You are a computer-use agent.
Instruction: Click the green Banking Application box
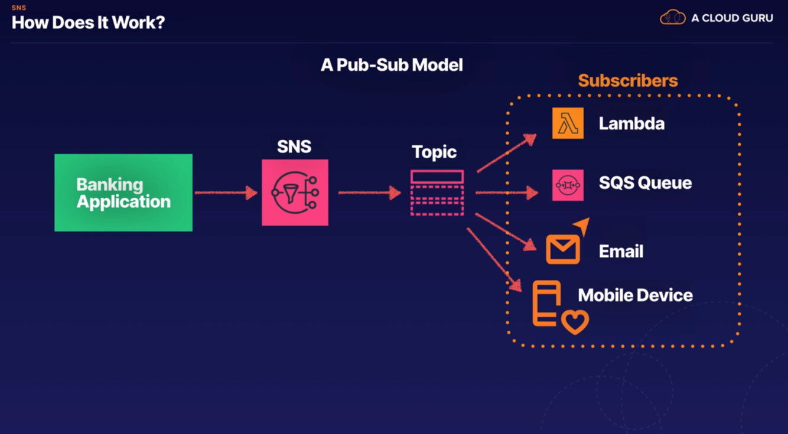[x=123, y=192]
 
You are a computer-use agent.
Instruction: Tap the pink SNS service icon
[x=295, y=192]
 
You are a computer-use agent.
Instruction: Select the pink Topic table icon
[x=437, y=192]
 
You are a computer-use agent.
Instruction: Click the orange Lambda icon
[x=568, y=123]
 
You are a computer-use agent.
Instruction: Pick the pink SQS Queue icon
[x=568, y=185]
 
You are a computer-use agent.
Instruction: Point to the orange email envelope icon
[x=563, y=249]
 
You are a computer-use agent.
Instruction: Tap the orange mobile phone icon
[x=546, y=304]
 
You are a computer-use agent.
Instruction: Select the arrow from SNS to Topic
[x=369, y=192]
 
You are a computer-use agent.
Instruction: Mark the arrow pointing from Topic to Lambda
[x=506, y=154]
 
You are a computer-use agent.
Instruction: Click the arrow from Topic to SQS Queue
[x=506, y=192]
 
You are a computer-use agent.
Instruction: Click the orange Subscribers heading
[x=627, y=80]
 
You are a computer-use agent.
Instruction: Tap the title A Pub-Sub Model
[x=392, y=65]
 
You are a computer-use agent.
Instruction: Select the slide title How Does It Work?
[x=89, y=23]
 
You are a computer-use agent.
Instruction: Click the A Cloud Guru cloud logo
[x=672, y=18]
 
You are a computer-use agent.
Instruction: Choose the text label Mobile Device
[x=635, y=295]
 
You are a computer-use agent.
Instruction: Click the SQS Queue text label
[x=645, y=183]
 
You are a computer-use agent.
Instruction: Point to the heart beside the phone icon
[x=575, y=322]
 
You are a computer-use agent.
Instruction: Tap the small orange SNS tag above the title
[x=19, y=8]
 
